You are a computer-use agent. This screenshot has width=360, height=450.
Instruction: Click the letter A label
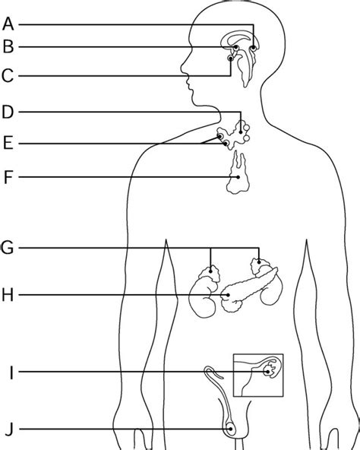pyautogui.click(x=8, y=24)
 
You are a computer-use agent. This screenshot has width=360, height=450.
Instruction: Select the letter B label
pyautogui.click(x=8, y=46)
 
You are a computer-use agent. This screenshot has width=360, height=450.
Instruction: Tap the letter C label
pyautogui.click(x=8, y=76)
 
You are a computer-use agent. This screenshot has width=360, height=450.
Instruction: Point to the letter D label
pyautogui.click(x=8, y=112)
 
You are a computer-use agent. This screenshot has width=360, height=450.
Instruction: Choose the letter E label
pyautogui.click(x=8, y=143)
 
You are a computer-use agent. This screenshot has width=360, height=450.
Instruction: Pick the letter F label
pyautogui.click(x=8, y=177)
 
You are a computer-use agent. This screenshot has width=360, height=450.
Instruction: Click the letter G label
pyautogui.click(x=7, y=248)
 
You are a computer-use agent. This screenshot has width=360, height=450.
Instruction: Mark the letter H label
pyautogui.click(x=8, y=295)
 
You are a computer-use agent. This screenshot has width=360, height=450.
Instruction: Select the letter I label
pyautogui.click(x=11, y=372)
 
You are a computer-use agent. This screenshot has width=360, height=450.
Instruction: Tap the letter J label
pyautogui.click(x=9, y=429)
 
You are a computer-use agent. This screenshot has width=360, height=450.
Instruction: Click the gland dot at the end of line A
pyautogui.click(x=253, y=48)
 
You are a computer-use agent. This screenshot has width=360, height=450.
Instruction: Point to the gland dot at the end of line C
pyautogui.click(x=231, y=59)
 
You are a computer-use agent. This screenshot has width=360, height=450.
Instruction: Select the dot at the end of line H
pyautogui.click(x=228, y=295)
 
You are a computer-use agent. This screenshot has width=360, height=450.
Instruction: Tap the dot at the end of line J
pyautogui.click(x=230, y=429)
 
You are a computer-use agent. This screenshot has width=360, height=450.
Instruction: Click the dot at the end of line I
pyautogui.click(x=268, y=372)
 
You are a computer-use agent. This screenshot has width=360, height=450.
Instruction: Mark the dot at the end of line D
pyautogui.click(x=241, y=132)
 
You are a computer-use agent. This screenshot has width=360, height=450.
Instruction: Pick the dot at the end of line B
pyautogui.click(x=235, y=47)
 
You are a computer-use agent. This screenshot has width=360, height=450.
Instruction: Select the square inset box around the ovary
pyautogui.click(x=258, y=354)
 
